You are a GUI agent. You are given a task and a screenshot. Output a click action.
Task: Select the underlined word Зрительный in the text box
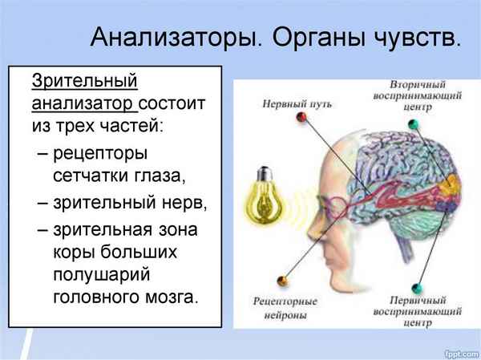[x=84, y=81]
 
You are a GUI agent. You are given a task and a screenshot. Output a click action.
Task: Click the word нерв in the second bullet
[x=184, y=203]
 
